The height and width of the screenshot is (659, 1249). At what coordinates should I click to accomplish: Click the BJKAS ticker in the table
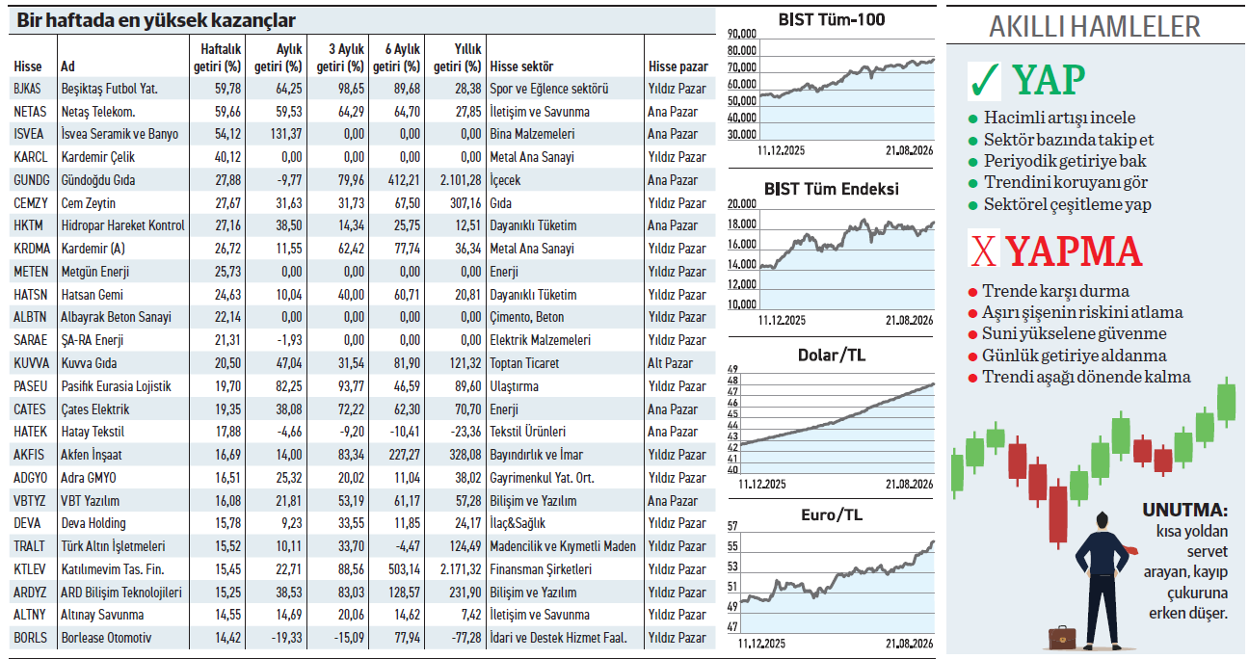coord(27,89)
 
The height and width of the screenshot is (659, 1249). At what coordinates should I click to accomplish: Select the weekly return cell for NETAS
coord(227,112)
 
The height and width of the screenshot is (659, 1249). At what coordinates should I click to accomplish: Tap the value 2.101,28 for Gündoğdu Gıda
coord(460,180)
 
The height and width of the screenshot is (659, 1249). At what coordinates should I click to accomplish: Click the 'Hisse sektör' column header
coord(521,66)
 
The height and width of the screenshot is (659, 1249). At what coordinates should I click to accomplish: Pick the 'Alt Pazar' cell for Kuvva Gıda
coord(670,363)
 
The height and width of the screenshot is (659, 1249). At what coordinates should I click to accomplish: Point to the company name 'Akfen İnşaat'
coord(92,455)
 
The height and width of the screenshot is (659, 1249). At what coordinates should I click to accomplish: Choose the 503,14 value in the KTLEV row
coord(404,569)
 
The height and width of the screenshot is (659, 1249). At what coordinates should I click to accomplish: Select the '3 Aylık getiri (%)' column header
coord(340,58)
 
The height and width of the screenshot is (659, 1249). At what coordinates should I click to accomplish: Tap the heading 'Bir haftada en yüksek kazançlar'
coord(156,20)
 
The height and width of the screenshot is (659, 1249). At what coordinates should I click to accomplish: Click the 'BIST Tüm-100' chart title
coord(832,20)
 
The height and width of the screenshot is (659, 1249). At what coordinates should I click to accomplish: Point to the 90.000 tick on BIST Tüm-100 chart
coord(742,34)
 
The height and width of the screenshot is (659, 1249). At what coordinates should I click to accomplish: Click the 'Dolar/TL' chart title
coord(832,356)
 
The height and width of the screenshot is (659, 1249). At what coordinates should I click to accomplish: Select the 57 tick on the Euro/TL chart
coord(732,526)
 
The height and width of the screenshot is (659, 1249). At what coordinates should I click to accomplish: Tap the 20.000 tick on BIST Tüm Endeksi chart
coord(742,204)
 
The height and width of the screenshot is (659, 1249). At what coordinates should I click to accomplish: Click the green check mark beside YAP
coord(985,80)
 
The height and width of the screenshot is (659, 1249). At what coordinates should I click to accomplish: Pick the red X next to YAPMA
coord(984,250)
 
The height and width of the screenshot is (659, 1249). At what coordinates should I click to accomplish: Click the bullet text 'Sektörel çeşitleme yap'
coord(1067,204)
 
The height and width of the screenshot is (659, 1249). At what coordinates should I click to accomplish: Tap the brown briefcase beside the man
coord(1062,637)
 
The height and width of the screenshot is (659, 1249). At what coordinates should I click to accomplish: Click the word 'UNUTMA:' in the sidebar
coord(1184,510)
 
